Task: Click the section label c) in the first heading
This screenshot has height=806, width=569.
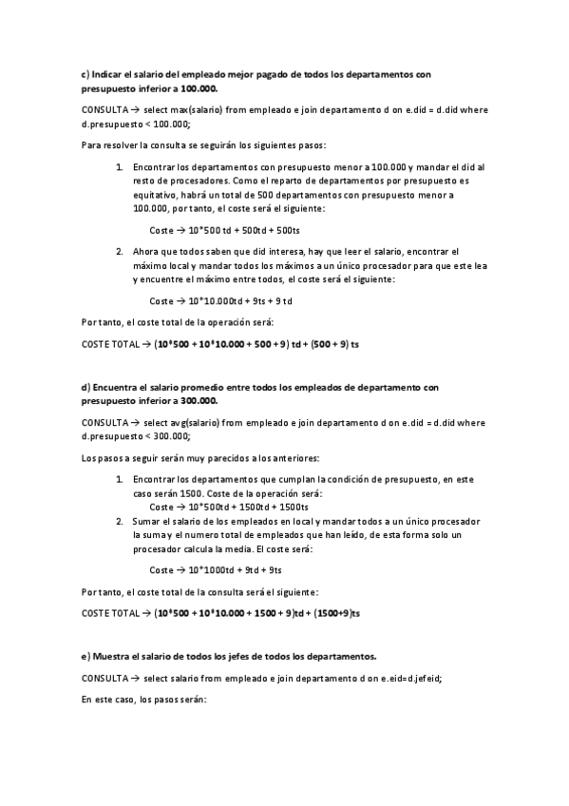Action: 85,73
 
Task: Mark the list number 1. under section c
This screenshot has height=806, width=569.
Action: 120,167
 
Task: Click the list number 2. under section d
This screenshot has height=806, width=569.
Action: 120,522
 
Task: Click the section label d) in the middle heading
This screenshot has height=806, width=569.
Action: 85,387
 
